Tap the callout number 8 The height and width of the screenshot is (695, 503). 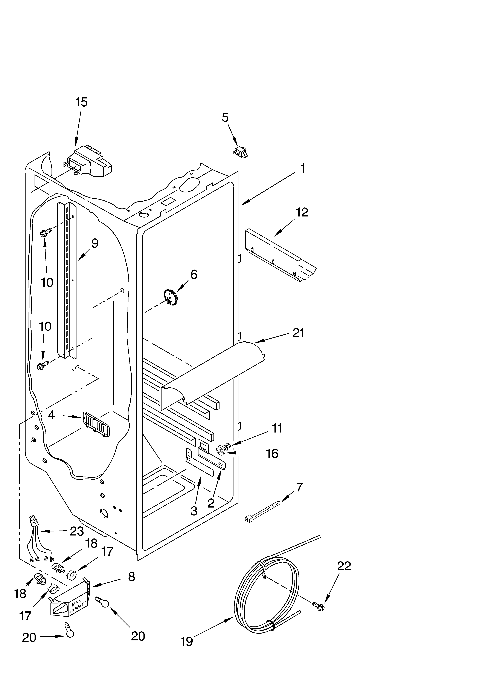coord(131,577)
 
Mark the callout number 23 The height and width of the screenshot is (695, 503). coord(77,531)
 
